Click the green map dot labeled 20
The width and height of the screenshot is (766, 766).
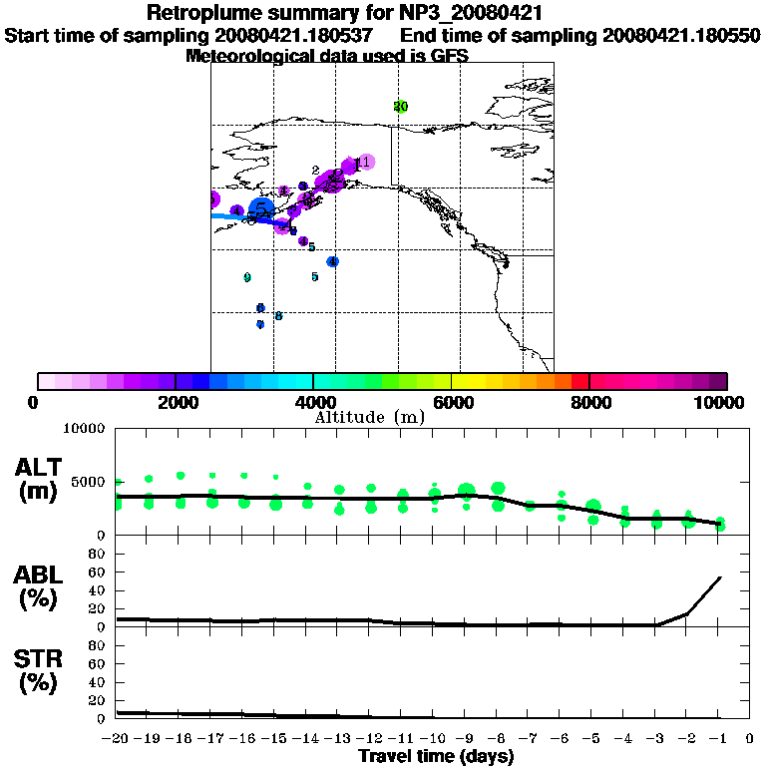pos(400,107)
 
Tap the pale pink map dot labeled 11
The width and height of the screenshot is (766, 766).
pos(365,162)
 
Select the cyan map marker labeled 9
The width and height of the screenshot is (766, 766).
pos(247,277)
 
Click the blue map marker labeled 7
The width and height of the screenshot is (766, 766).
pos(260,324)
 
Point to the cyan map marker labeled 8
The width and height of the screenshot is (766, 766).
pos(278,316)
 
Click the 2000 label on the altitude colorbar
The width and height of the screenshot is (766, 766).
pos(175,402)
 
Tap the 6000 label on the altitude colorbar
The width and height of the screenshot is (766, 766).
pos(452,402)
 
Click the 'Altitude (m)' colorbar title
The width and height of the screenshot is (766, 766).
pos(369,417)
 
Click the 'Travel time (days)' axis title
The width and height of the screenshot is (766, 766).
pos(436,757)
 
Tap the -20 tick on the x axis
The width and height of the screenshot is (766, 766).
pos(117,739)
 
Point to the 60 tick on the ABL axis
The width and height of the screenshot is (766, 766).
pos(100,573)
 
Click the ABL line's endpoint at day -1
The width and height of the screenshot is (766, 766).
pos(720,576)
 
